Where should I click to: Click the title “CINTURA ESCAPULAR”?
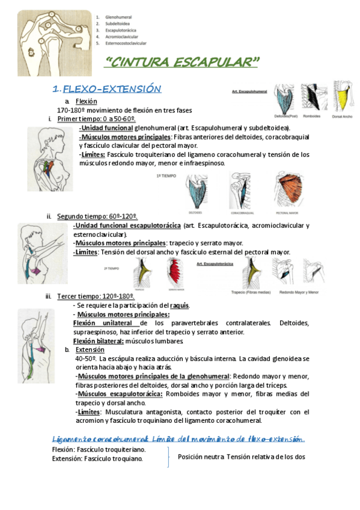pos(182,62)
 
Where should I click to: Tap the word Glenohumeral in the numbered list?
pos(118,17)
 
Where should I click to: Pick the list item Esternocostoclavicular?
pos(126,43)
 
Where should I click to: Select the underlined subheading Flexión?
pos(87,102)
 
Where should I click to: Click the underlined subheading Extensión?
pos(90,349)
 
